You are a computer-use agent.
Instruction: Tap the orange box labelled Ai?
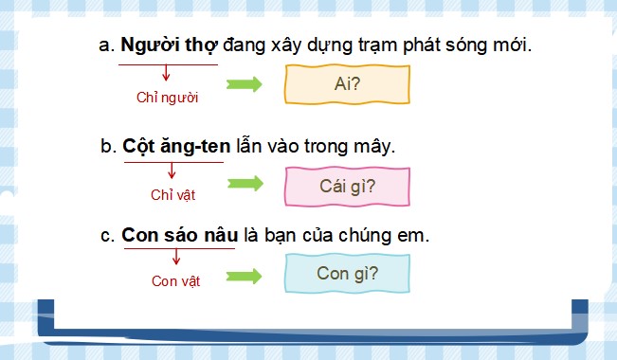pyautogui.click(x=348, y=84)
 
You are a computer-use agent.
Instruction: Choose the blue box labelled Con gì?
pyautogui.click(x=348, y=275)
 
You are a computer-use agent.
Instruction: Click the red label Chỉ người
pyautogui.click(x=168, y=97)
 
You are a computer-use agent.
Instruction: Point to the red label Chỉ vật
pyautogui.click(x=172, y=195)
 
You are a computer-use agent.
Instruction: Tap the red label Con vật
pyautogui.click(x=173, y=280)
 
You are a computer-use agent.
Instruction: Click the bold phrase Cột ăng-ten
pyautogui.click(x=172, y=148)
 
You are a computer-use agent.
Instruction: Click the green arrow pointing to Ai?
pyautogui.click(x=244, y=84)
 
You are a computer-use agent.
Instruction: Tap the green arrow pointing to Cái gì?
pyautogui.click(x=244, y=184)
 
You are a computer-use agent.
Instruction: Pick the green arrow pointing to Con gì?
pyautogui.click(x=244, y=275)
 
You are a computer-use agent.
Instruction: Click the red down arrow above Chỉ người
pyautogui.click(x=167, y=73)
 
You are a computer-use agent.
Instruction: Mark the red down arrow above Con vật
pyautogui.click(x=173, y=259)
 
